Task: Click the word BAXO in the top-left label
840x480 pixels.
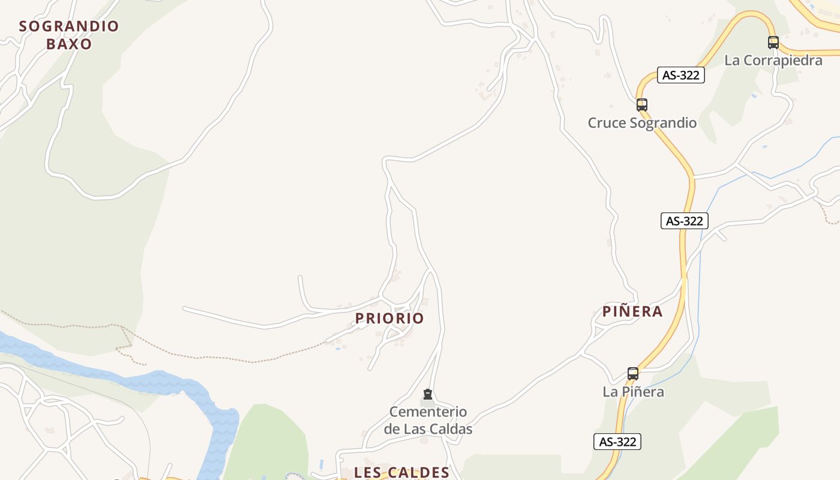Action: coord(69,44)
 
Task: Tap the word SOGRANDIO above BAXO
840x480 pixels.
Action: coord(69,26)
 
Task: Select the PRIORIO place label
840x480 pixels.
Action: coord(389,319)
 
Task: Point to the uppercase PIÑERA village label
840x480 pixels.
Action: coord(632,311)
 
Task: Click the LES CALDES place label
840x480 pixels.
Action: coord(401,472)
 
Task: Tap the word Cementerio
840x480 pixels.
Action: coord(428,412)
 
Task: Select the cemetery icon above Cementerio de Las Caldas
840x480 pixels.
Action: coord(428,394)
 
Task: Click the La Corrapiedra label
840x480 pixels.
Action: coord(773,61)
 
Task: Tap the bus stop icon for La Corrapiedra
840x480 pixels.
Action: coord(773,43)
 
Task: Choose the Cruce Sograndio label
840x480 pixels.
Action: coord(642,123)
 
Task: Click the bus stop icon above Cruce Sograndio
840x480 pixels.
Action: coord(642,105)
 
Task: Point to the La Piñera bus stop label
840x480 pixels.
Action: coord(633,392)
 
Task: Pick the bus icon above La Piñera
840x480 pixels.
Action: coord(633,373)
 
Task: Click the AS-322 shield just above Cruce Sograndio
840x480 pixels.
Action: coord(680,76)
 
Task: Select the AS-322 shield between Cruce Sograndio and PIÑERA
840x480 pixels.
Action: coord(684,221)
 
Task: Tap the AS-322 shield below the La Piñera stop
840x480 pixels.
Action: coord(617,442)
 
